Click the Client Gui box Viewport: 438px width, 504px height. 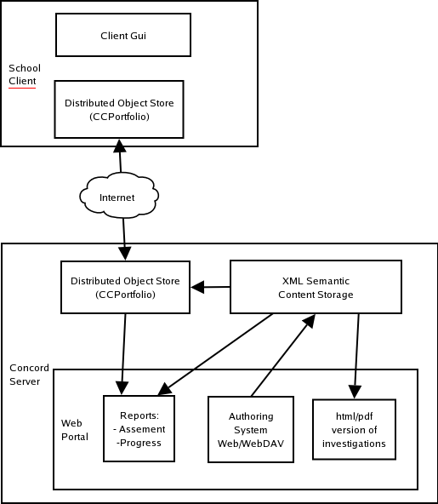click(x=123, y=35)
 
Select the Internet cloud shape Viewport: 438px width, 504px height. click(x=119, y=195)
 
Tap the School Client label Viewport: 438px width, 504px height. click(x=25, y=75)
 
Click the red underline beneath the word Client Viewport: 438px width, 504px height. click(x=22, y=88)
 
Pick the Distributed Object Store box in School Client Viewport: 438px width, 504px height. click(x=119, y=109)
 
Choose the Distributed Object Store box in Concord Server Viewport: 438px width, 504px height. click(x=125, y=287)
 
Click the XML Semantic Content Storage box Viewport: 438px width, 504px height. click(x=316, y=287)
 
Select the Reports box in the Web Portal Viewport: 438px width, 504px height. click(x=139, y=428)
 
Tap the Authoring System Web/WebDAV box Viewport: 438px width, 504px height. click(x=251, y=429)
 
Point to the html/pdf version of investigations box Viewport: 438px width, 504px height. click(x=354, y=429)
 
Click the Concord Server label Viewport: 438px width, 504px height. click(x=29, y=375)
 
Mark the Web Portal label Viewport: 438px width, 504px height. click(x=75, y=430)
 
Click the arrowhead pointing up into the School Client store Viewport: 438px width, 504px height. click(x=120, y=146)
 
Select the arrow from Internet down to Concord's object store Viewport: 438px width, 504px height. click(x=124, y=239)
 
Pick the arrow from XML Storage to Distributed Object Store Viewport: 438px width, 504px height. click(x=210, y=287)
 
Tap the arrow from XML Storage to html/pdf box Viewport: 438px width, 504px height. click(x=356, y=356)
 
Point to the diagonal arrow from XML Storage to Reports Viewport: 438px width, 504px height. click(x=215, y=354)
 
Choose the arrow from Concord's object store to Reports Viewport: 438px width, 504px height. click(x=123, y=354)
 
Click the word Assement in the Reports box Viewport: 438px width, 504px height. click(x=142, y=429)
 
